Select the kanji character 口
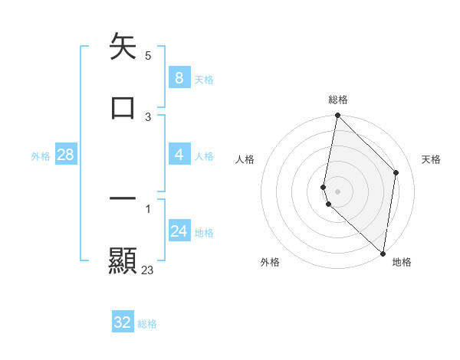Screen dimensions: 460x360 point(123,107)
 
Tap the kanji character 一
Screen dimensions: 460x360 point(123,199)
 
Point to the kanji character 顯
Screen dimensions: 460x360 point(123,260)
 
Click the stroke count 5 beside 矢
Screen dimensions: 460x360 point(147,55)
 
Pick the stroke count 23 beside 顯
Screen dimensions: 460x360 point(147,270)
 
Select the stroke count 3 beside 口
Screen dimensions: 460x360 point(147,116)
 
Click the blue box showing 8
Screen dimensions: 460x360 point(179,77)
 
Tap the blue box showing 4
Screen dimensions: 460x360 point(179,155)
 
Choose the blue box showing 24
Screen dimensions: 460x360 point(179,231)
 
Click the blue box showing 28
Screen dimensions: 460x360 point(65,155)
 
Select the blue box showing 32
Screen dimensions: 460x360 point(123,322)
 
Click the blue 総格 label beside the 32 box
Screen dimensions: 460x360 point(147,324)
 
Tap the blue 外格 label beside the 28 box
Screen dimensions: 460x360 point(41,156)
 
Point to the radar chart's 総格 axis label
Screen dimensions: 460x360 point(338,100)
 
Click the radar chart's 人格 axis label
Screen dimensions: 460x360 point(245,159)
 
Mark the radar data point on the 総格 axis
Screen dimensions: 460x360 point(337,116)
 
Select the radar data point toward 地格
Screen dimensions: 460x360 point(383,254)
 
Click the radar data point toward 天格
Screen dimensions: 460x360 point(396,172)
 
